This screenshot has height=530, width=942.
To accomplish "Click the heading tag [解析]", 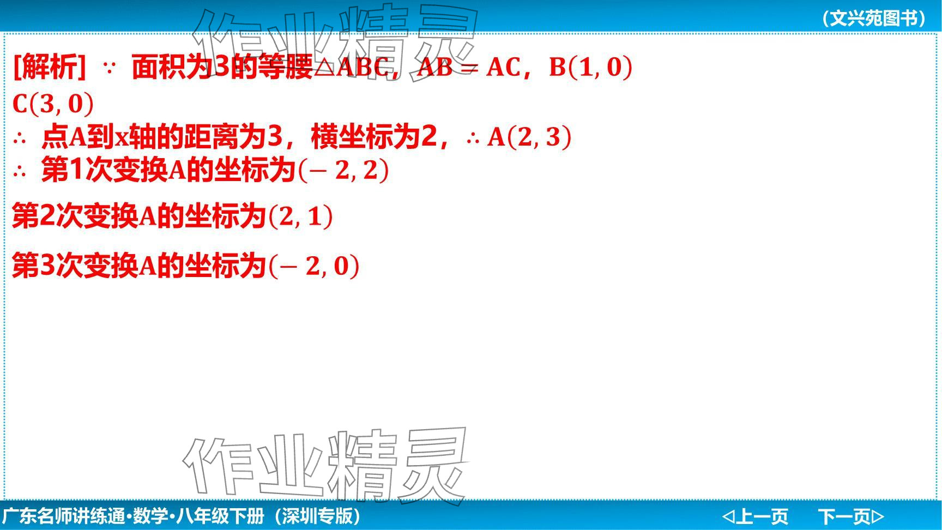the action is (x=49, y=67).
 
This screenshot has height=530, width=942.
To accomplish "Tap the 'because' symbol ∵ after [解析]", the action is (x=109, y=68).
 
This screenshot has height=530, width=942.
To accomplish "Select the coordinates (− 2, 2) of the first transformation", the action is (x=343, y=170).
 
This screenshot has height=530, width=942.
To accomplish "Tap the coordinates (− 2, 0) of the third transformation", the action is (x=314, y=266).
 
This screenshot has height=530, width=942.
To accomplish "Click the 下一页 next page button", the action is (x=850, y=516).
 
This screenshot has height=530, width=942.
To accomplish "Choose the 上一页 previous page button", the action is (x=756, y=516).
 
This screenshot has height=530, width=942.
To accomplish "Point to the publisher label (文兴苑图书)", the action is (x=874, y=18).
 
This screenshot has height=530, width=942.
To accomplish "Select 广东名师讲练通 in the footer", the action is (x=64, y=516).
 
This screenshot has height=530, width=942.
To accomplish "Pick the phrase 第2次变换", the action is (x=75, y=216).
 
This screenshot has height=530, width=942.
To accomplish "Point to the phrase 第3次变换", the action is (x=75, y=266).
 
